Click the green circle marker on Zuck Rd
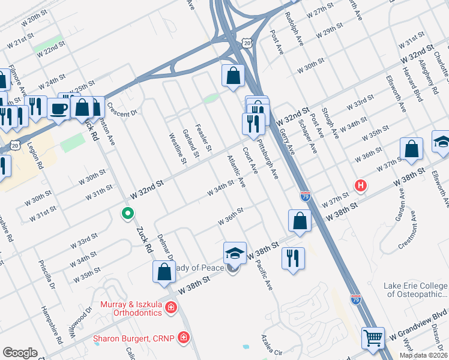pyautogui.click(x=127, y=213)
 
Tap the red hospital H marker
pyautogui.click(x=360, y=185)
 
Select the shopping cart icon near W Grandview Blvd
pyautogui.click(x=373, y=338)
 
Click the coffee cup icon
pyautogui.click(x=59, y=109)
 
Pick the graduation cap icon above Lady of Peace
pyautogui.click(x=235, y=253)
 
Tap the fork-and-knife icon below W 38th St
pyautogui.click(x=293, y=258)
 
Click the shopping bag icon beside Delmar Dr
pyautogui.click(x=164, y=271)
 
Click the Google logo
pyautogui.click(x=20, y=353)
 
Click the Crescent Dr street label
pyautogui.click(x=122, y=108)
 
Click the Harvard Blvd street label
pyautogui.click(x=402, y=94)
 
